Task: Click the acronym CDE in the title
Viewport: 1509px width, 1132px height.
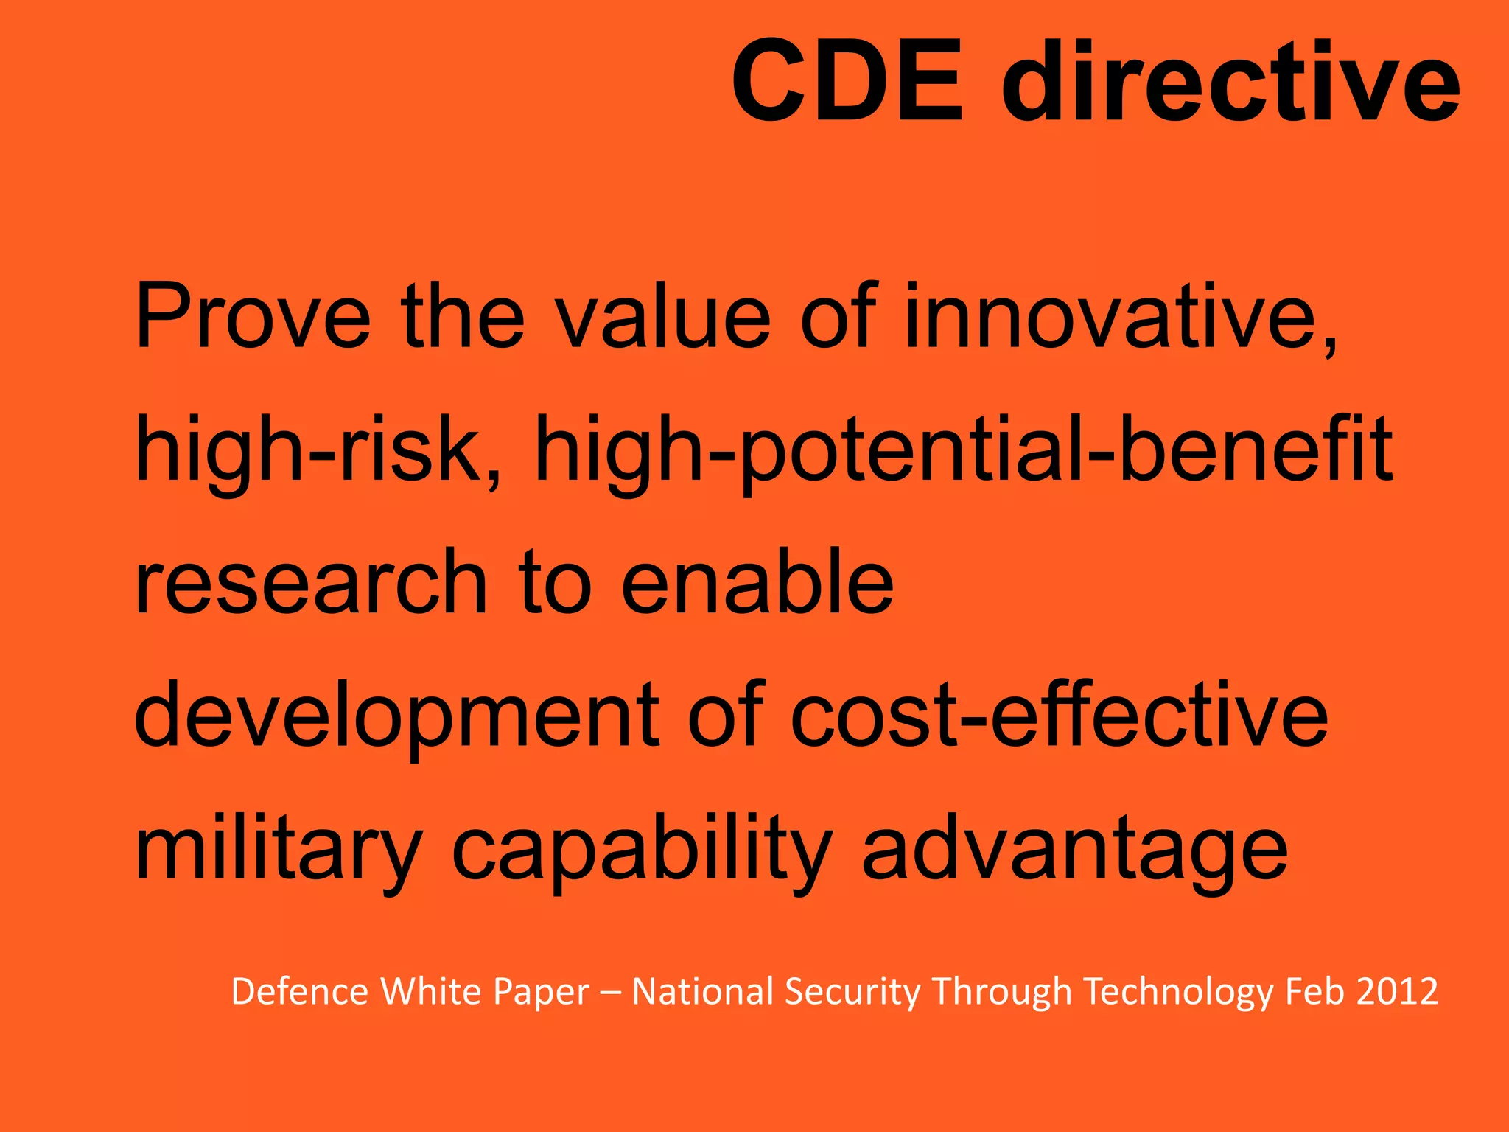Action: pyautogui.click(x=847, y=81)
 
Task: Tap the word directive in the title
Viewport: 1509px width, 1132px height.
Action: pyautogui.click(x=1230, y=81)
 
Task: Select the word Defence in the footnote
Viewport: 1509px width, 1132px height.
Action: pyautogui.click(x=299, y=991)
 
